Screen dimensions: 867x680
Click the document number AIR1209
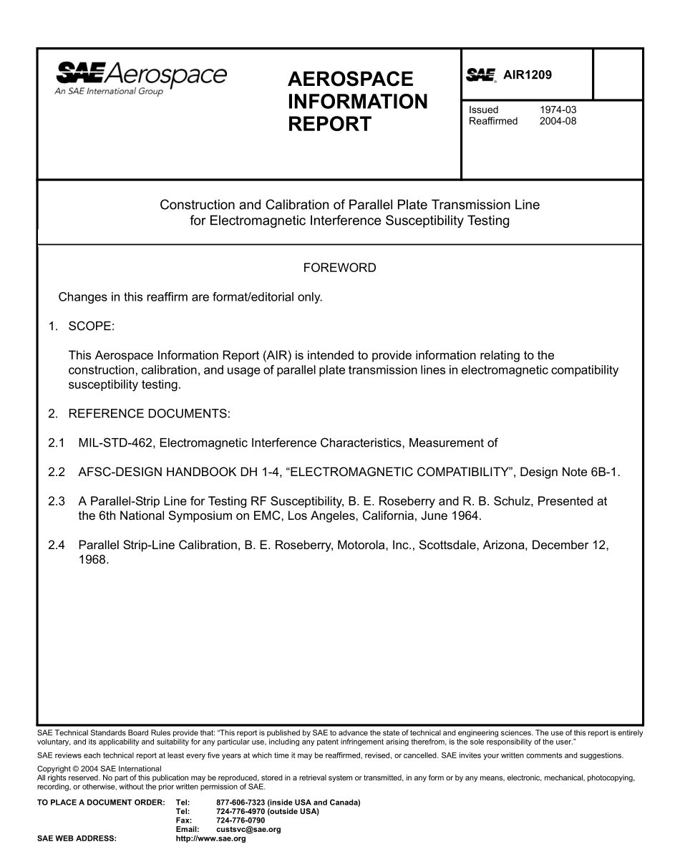[x=528, y=74]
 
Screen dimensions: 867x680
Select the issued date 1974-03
[x=558, y=110]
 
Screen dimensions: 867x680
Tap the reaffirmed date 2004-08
[x=558, y=121]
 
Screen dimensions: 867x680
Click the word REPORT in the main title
[x=329, y=124]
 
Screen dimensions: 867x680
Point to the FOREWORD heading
[x=339, y=268]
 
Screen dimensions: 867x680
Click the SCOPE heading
[x=91, y=326]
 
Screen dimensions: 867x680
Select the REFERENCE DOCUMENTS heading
[x=149, y=413]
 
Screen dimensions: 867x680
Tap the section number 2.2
[x=57, y=472]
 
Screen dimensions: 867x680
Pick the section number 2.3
[x=57, y=501]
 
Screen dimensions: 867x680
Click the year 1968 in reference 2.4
[x=92, y=560]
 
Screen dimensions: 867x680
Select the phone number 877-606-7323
[x=240, y=803]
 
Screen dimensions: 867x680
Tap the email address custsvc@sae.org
[x=248, y=829]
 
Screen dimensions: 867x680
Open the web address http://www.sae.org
[x=210, y=838]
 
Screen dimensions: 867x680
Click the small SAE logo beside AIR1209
[x=481, y=75]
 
